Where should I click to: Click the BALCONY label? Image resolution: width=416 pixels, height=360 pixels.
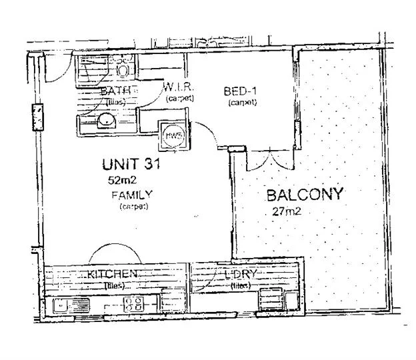pyautogui.click(x=305, y=195)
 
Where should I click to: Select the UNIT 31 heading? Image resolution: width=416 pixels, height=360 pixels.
pyautogui.click(x=130, y=163)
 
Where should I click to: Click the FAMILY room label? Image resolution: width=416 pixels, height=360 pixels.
pyautogui.click(x=131, y=195)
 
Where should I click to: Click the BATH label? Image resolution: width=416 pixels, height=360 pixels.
pyautogui.click(x=118, y=91)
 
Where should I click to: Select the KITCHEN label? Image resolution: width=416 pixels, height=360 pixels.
pyautogui.click(x=112, y=274)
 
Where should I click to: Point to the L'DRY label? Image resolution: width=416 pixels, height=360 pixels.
pyautogui.click(x=241, y=275)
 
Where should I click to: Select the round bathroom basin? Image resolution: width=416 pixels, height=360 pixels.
pyautogui.click(x=105, y=121)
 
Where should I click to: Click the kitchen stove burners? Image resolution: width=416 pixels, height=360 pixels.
pyautogui.click(x=133, y=305)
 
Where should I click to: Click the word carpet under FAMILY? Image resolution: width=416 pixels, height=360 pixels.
pyautogui.click(x=133, y=207)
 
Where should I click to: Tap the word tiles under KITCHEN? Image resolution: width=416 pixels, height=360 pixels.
pyautogui.click(x=114, y=285)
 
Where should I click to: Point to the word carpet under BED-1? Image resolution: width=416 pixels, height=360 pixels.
pyautogui.click(x=241, y=103)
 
